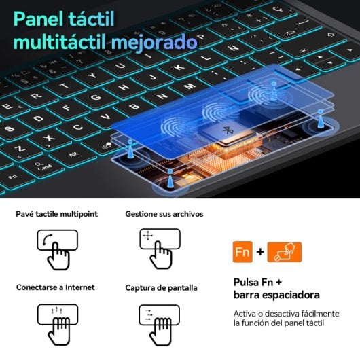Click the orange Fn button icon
[x=242, y=253]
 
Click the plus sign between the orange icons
[x=260, y=253]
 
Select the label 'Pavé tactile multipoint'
[x=57, y=214]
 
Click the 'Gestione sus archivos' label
[x=164, y=214]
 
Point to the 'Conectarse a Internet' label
[x=56, y=287]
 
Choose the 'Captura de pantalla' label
[x=161, y=287]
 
